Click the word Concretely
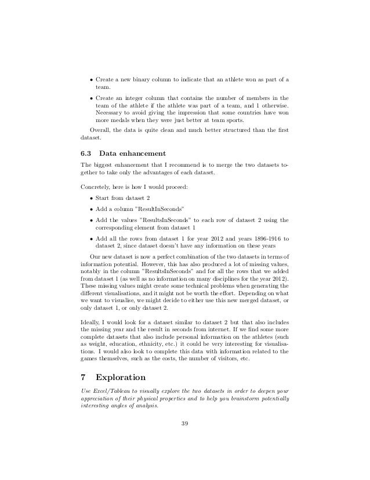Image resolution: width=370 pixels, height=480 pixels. coord(94,187)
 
